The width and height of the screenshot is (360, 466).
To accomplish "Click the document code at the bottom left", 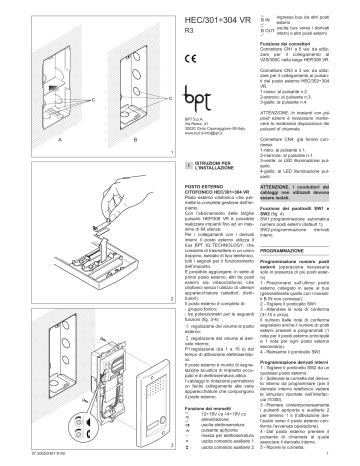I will click(x=24, y=459).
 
